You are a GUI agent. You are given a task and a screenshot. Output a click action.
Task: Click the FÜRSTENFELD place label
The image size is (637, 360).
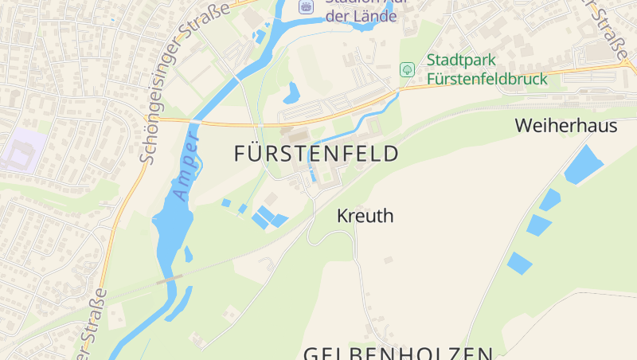point(316,154)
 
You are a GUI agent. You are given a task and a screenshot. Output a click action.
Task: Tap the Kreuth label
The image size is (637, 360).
point(365,216)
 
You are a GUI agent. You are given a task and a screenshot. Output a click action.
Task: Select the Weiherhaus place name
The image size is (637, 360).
point(566,125)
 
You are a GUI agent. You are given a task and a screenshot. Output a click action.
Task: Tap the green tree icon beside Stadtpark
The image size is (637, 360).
point(407,69)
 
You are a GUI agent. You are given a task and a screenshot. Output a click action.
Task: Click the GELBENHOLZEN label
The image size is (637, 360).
point(398,353)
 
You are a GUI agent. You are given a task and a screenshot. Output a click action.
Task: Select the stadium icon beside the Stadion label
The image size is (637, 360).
point(306,6)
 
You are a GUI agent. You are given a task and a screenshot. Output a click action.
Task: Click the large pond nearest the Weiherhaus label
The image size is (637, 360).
point(584,164)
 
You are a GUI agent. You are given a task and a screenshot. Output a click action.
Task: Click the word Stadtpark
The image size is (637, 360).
point(461,60)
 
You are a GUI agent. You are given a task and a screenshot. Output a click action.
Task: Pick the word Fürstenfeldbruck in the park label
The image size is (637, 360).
point(487,79)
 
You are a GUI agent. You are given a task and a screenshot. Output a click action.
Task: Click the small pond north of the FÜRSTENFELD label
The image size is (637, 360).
point(291,92)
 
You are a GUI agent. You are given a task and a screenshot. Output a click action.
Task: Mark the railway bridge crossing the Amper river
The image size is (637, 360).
point(170,280)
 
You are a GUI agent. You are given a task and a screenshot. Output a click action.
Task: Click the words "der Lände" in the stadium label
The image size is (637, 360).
point(361,17)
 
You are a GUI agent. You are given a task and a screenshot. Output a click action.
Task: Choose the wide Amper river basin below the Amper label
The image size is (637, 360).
point(170,231)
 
